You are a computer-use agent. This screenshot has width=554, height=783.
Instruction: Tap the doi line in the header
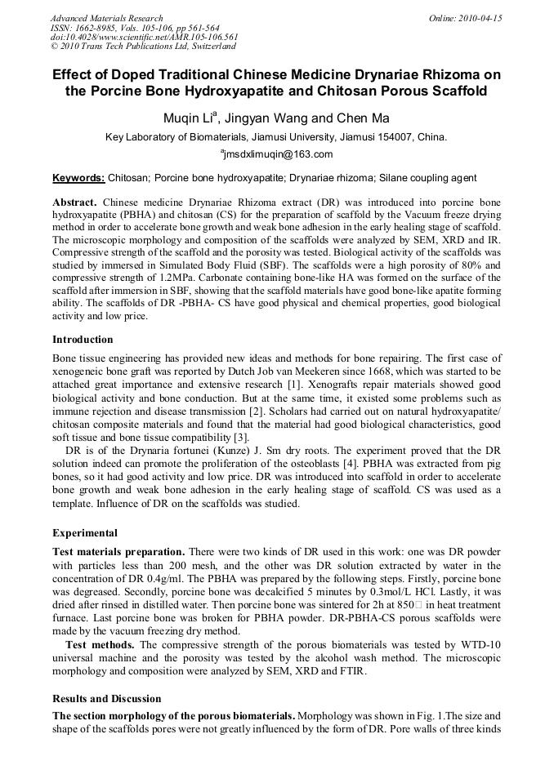pos(144,38)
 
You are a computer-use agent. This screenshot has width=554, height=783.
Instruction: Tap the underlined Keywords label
pos(78,178)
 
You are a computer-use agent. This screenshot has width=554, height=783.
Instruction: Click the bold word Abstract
pos(74,201)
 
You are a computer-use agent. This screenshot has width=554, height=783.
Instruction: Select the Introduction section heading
pos(83,339)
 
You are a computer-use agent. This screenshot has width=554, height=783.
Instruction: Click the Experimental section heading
pos(85,533)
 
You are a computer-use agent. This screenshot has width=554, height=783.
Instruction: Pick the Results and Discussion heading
pos(106,699)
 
